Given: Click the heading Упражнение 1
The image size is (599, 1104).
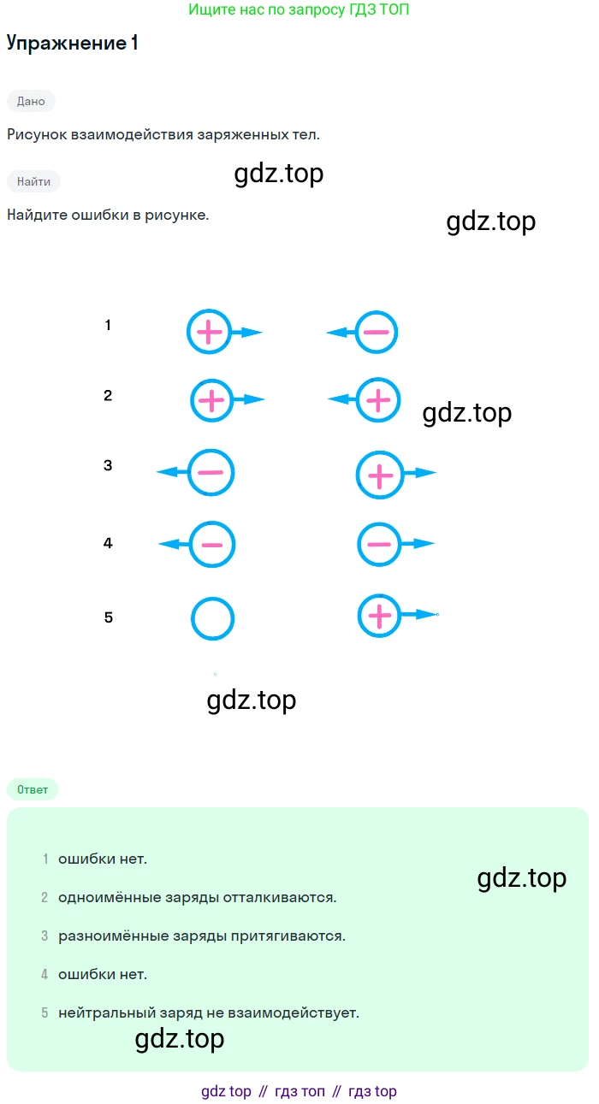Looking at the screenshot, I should pos(72,44).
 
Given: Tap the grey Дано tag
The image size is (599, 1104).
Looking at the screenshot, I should pos(31,101).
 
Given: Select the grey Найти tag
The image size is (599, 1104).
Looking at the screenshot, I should pos(33,181).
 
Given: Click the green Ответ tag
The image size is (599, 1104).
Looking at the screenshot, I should pos(33,789).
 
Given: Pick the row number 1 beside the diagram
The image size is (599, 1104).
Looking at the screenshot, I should pos(108,325).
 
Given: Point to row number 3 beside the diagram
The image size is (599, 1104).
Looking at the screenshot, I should pos(108,466).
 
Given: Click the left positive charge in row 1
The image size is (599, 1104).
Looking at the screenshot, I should pos(210,332).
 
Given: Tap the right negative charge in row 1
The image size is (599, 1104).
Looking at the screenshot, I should pos(377,333).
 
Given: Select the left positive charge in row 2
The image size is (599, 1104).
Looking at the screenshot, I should pos(211,399).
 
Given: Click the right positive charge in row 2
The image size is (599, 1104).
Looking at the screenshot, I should pos(377,399).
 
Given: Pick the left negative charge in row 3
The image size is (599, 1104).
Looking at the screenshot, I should pos(211,472).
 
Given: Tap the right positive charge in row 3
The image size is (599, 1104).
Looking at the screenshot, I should pos(379,474).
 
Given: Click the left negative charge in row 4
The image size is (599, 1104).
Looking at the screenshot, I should pos(211,544).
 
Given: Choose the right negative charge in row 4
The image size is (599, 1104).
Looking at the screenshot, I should pos(378,544).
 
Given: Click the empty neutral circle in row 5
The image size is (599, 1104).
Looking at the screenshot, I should pos(212,618).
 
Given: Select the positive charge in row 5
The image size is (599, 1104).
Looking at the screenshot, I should pos(379,615).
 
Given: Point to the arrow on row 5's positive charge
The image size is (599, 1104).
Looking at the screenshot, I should pos(419,614).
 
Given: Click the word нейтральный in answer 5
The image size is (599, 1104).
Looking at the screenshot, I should pos(101,1013).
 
